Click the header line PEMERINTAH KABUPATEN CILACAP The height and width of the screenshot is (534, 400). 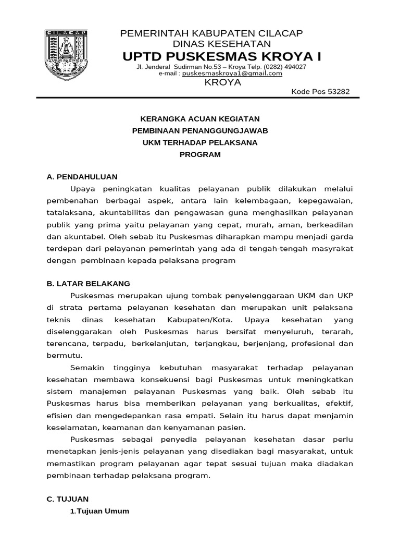click(x=211, y=33)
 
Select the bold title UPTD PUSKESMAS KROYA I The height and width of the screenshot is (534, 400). click(x=222, y=56)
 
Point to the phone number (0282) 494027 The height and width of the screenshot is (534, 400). click(x=285, y=67)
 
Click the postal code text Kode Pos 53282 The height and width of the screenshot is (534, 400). click(x=320, y=92)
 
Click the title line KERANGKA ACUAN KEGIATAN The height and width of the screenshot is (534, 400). click(x=200, y=119)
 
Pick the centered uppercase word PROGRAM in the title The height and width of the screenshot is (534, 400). click(x=200, y=154)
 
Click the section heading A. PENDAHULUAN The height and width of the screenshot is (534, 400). click(x=82, y=177)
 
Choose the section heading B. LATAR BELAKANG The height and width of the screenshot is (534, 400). click(x=88, y=283)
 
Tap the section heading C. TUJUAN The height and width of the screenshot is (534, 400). click(x=68, y=499)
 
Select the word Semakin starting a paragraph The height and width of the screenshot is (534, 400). click(x=86, y=368)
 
